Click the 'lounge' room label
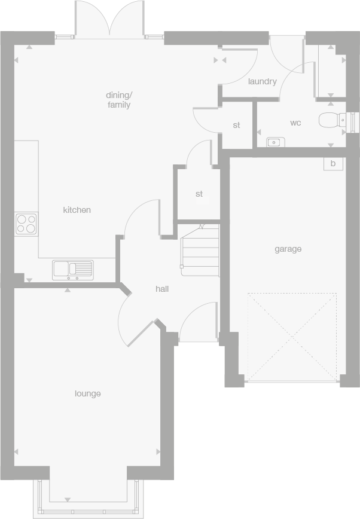[x=87, y=393]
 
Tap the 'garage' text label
[x=288, y=249]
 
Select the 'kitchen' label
[x=77, y=210]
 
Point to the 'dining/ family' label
[x=118, y=100]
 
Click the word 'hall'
[x=162, y=289]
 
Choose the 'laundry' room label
[x=262, y=81]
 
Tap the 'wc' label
[x=295, y=123]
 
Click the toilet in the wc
[x=331, y=121]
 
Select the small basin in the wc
[x=275, y=142]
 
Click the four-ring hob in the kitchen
[x=26, y=224]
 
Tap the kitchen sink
[x=72, y=269]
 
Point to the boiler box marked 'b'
[x=333, y=163]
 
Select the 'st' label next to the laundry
[x=237, y=126]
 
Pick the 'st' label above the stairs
[x=199, y=194]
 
